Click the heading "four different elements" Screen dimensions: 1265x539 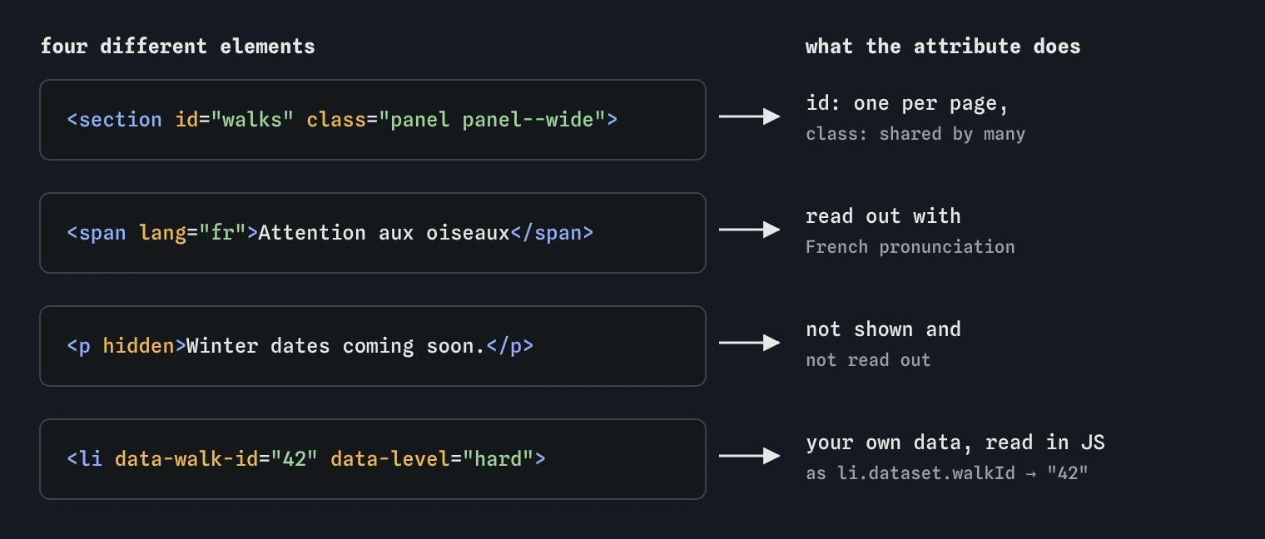[178, 47]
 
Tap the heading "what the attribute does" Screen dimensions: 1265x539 [943, 47]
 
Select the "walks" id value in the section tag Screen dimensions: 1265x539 [252, 120]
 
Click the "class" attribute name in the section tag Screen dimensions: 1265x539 [336, 120]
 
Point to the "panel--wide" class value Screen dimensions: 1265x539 [528, 120]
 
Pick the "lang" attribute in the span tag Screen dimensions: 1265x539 [162, 233]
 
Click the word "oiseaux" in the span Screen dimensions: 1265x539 [468, 233]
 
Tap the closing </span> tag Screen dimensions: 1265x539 [552, 233]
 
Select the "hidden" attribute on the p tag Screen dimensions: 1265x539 [138, 346]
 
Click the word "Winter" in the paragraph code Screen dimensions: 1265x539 [222, 346]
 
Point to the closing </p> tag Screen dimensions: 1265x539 [510, 346]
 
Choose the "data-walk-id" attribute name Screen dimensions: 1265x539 [186, 459]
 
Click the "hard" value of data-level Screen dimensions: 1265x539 [498, 459]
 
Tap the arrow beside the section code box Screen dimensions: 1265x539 [749, 116]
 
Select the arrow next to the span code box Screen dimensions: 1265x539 [749, 230]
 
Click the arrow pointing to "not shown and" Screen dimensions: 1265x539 [749, 343]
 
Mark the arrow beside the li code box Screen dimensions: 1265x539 [749, 456]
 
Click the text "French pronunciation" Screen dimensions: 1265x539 [910, 247]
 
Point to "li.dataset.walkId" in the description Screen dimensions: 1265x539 [925, 473]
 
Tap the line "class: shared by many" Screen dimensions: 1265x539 [915, 134]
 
